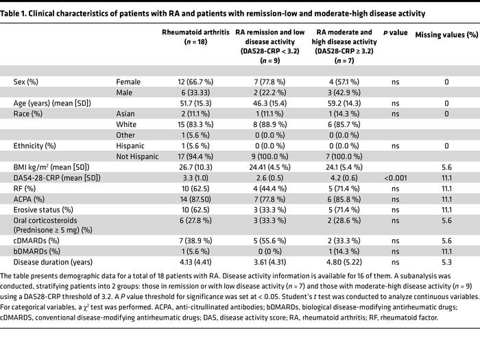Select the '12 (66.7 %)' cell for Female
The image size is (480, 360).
point(189,82)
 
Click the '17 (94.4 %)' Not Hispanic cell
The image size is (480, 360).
point(189,156)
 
